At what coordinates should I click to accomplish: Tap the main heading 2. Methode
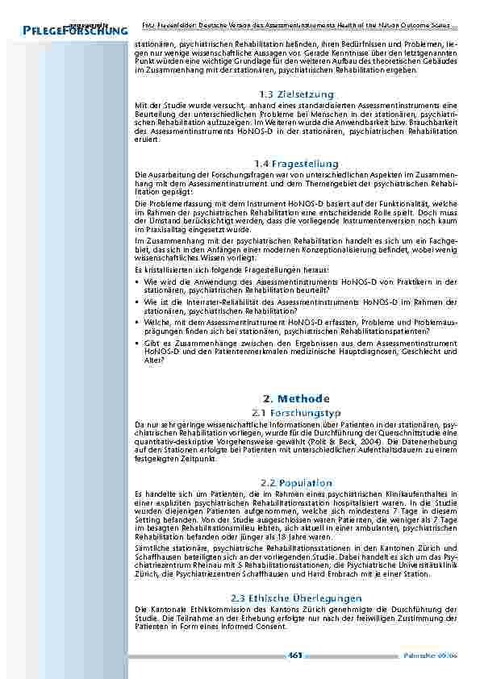point(296,398)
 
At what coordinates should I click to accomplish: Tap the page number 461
point(294,655)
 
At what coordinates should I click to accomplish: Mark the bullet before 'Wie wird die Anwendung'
point(138,282)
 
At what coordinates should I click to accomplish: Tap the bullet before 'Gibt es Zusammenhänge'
point(138,342)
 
